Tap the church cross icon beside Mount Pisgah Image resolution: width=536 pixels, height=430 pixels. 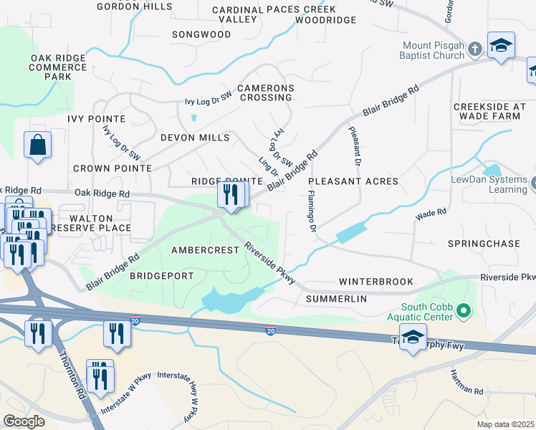[x=474, y=49]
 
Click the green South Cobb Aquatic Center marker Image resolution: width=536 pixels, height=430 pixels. [x=463, y=310]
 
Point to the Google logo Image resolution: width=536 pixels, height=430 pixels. [x=24, y=421]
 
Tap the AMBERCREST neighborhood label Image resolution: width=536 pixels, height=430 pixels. [x=204, y=250]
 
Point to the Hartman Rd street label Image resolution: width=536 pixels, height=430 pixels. [x=468, y=390]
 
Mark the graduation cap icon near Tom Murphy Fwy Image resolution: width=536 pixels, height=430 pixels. [x=413, y=338]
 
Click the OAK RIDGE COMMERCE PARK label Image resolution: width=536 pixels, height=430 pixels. [x=57, y=67]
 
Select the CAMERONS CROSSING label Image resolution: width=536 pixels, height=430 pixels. [x=266, y=92]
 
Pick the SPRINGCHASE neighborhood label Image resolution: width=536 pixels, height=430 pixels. [x=484, y=244]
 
